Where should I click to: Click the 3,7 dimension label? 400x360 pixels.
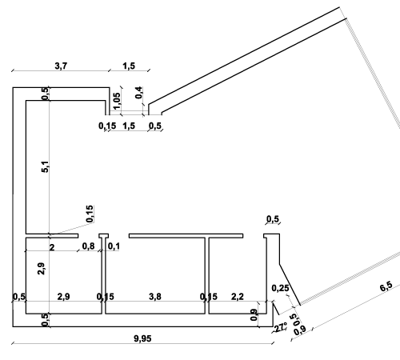61,66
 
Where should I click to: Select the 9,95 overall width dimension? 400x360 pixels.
142,338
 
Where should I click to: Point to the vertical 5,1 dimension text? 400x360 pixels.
46,166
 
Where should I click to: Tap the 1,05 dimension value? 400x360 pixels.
117,101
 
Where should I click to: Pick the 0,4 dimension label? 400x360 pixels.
138,93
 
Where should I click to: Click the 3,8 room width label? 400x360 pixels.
155,297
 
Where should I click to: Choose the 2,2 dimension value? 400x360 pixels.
238,297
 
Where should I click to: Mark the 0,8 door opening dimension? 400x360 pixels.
88,246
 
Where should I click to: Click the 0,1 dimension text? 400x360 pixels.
114,246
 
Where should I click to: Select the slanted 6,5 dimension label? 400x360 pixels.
386,286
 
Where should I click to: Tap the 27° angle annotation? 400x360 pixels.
281,327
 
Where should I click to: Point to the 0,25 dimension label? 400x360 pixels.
280,288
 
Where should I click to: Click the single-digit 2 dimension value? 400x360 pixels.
52,247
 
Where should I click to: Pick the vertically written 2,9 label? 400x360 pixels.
42,269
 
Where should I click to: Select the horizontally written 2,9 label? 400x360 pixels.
64,297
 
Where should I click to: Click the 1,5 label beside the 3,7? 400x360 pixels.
129,66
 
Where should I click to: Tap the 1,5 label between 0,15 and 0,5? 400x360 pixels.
129,126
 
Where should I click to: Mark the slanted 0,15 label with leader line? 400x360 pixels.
90,214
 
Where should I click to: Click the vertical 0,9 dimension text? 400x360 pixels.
254,314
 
